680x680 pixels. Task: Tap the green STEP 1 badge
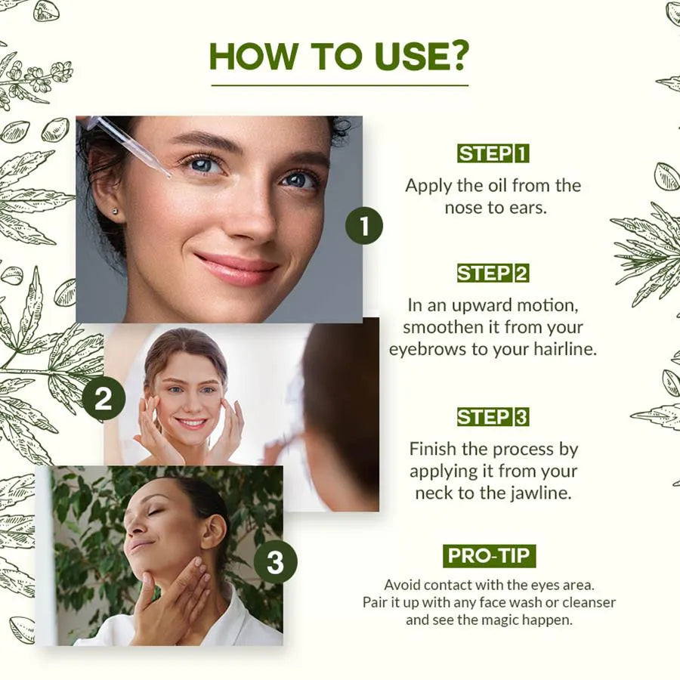coord(493,153)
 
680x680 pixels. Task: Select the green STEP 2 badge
coord(493,274)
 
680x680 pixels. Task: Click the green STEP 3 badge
coord(493,417)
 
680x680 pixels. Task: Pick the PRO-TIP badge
coord(489,555)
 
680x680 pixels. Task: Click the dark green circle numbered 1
coord(364,226)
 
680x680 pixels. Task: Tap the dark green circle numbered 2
coord(104,397)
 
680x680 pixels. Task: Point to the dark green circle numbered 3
coord(275,562)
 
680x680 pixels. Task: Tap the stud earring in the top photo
coord(115,212)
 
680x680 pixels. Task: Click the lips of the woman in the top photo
coord(236,269)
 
